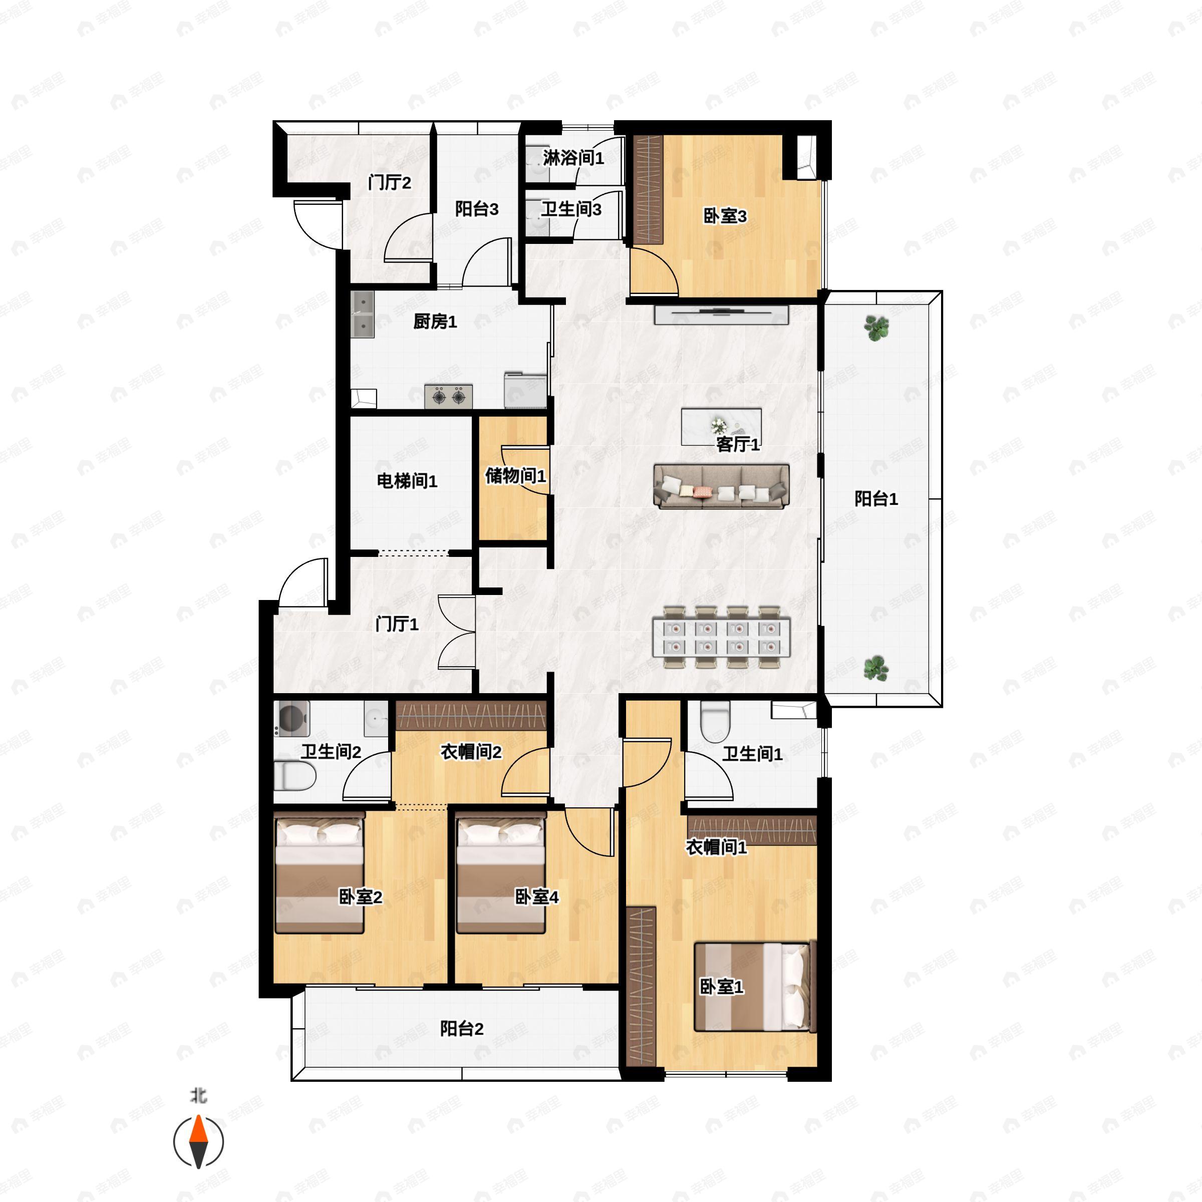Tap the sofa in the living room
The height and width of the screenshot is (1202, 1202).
tap(721, 486)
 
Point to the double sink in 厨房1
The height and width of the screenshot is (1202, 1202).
tap(362, 314)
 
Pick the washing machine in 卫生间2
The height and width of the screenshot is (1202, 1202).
tap(292, 719)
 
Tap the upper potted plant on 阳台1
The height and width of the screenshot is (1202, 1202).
tap(876, 327)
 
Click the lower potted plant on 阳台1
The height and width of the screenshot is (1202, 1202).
tap(876, 668)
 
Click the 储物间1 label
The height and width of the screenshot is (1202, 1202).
tap(515, 476)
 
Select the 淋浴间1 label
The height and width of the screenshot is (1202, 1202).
tap(573, 158)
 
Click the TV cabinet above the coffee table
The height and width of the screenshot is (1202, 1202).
tap(721, 315)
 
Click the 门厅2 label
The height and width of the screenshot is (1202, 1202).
tap(390, 183)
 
